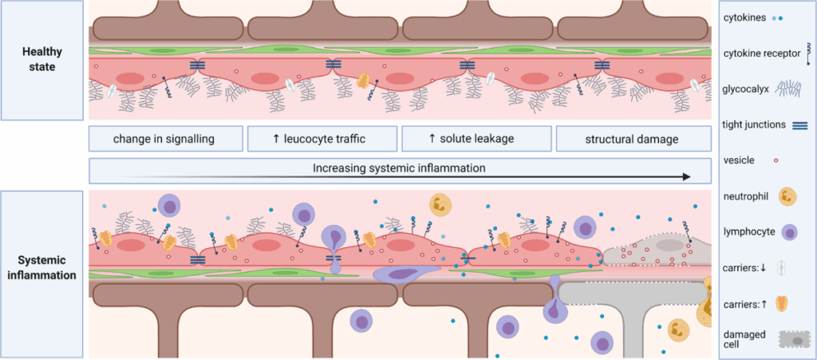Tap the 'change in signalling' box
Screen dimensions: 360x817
pyautogui.click(x=164, y=139)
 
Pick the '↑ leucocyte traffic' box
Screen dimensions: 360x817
pyautogui.click(x=318, y=139)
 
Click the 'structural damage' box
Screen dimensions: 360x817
pyautogui.click(x=631, y=139)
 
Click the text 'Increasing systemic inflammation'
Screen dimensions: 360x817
pyautogui.click(x=399, y=168)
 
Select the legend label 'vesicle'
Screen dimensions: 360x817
pyautogui.click(x=742, y=160)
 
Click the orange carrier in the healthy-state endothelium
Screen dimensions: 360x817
pyautogui.click(x=363, y=81)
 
